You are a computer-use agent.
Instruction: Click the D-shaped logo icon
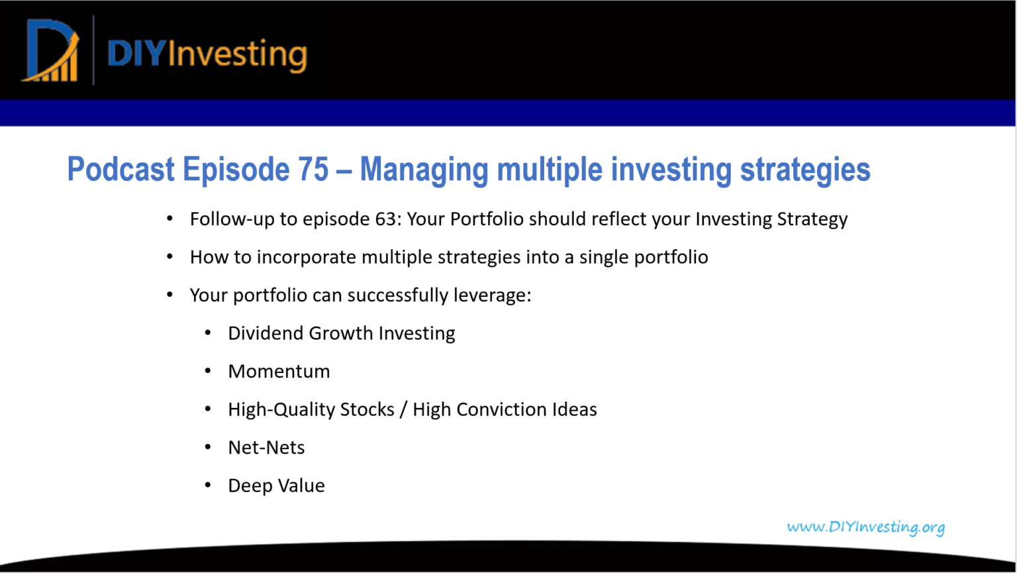[50, 50]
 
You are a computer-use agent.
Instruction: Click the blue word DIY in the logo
[136, 54]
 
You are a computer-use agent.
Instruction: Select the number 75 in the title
[313, 169]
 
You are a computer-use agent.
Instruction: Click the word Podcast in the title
[121, 169]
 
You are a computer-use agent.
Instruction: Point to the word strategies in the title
[805, 171]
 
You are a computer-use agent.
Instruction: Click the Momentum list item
[279, 372]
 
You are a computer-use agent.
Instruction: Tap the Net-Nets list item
[266, 448]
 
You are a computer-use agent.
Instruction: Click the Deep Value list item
[276, 486]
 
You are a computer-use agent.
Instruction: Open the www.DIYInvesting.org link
[866, 527]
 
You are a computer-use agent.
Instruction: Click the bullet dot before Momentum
[208, 371]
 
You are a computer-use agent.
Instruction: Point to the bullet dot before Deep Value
[208, 486]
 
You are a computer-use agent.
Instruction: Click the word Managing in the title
[424, 171]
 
